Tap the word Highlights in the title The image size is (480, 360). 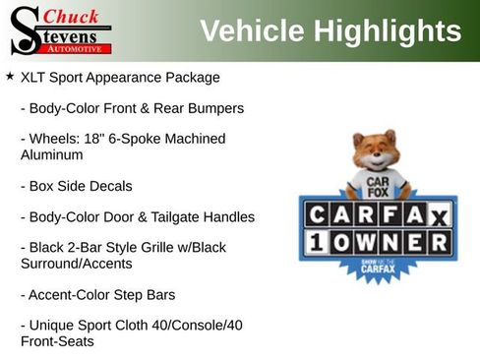tap(386, 31)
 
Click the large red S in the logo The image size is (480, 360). tap(24, 30)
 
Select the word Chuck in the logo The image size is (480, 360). tap(72, 17)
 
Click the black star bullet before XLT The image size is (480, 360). tap(10, 76)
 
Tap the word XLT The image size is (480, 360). tap(34, 77)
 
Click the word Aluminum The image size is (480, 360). tap(51, 154)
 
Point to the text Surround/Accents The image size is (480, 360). tap(76, 264)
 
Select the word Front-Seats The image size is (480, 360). tap(57, 341)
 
